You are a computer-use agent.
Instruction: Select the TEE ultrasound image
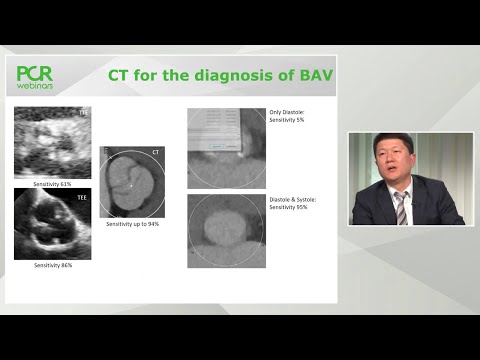(x=52, y=224)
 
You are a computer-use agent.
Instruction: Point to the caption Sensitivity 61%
(x=52, y=185)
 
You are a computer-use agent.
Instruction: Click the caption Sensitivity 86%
(x=52, y=265)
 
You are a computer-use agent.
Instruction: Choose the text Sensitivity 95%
(x=288, y=206)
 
